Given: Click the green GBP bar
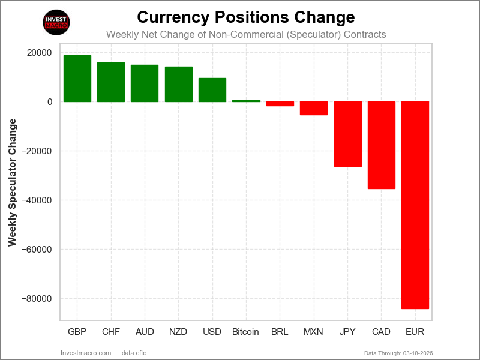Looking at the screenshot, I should [77, 79].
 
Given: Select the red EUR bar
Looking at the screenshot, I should [415, 205].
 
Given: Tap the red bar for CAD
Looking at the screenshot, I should [382, 145].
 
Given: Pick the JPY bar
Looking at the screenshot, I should [348, 134].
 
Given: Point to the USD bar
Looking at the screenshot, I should [212, 90].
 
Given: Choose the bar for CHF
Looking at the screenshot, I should [111, 82].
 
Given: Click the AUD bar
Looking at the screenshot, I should [145, 83].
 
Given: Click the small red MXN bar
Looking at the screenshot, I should [314, 108].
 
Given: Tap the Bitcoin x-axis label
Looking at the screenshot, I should [245, 332].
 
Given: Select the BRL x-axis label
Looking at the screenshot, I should [280, 332].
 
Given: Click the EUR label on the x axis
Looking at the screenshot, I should [415, 332].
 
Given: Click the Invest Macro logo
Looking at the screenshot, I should [57, 22].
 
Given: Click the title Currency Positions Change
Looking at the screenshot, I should [246, 16].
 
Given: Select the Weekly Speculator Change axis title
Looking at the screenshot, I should [13, 182].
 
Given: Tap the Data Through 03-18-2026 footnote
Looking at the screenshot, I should [398, 353].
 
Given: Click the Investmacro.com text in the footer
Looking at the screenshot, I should [86, 353].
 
